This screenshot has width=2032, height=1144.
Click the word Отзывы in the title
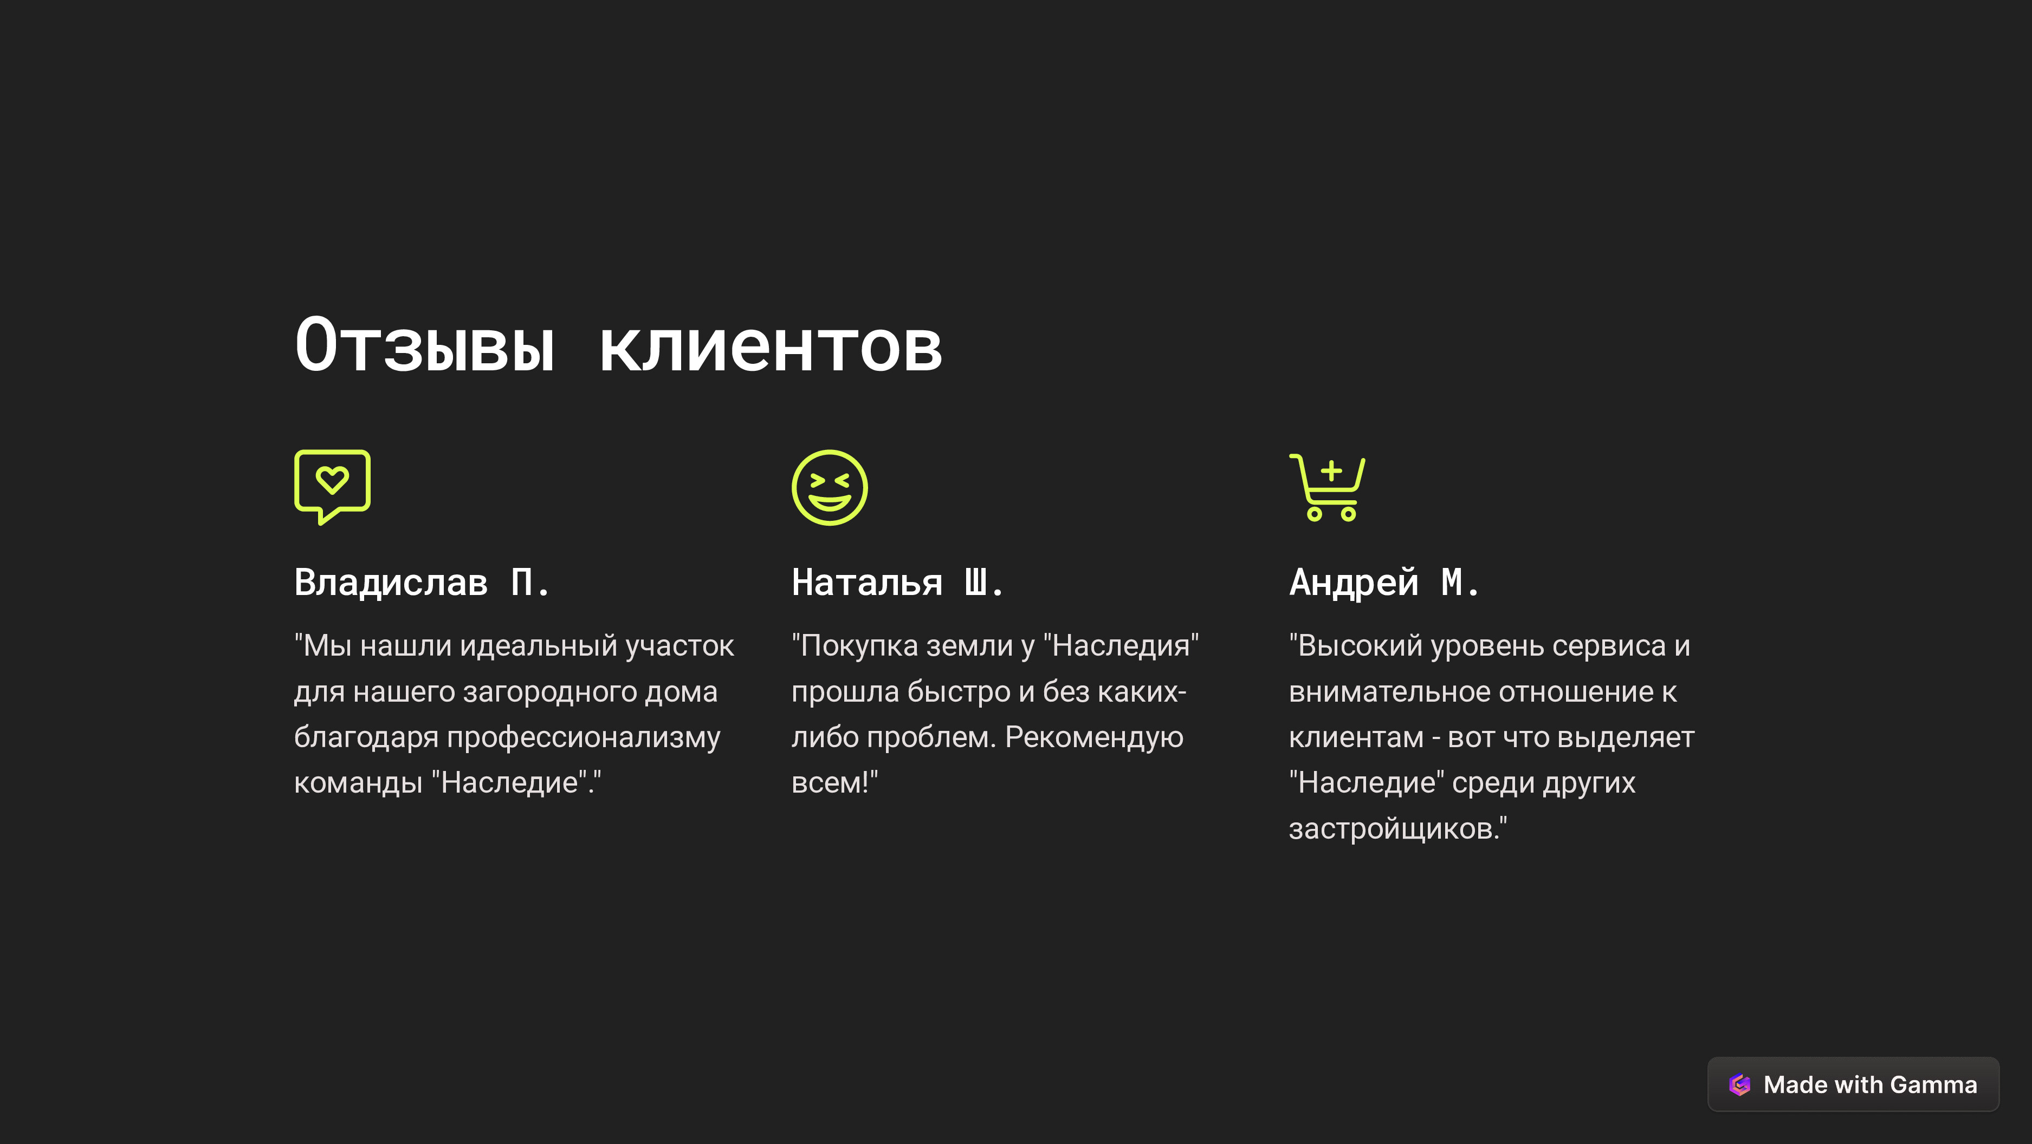click(424, 345)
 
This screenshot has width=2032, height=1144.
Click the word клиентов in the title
click(771, 347)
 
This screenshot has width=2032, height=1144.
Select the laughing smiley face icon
click(829, 487)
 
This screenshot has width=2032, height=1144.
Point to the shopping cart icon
click(1328, 487)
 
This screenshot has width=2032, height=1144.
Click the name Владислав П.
click(422, 583)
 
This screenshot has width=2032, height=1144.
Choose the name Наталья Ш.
click(898, 583)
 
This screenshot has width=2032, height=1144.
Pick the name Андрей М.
click(1384, 583)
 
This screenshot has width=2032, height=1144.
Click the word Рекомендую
click(1093, 738)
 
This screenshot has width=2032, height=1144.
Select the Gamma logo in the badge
click(1739, 1085)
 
